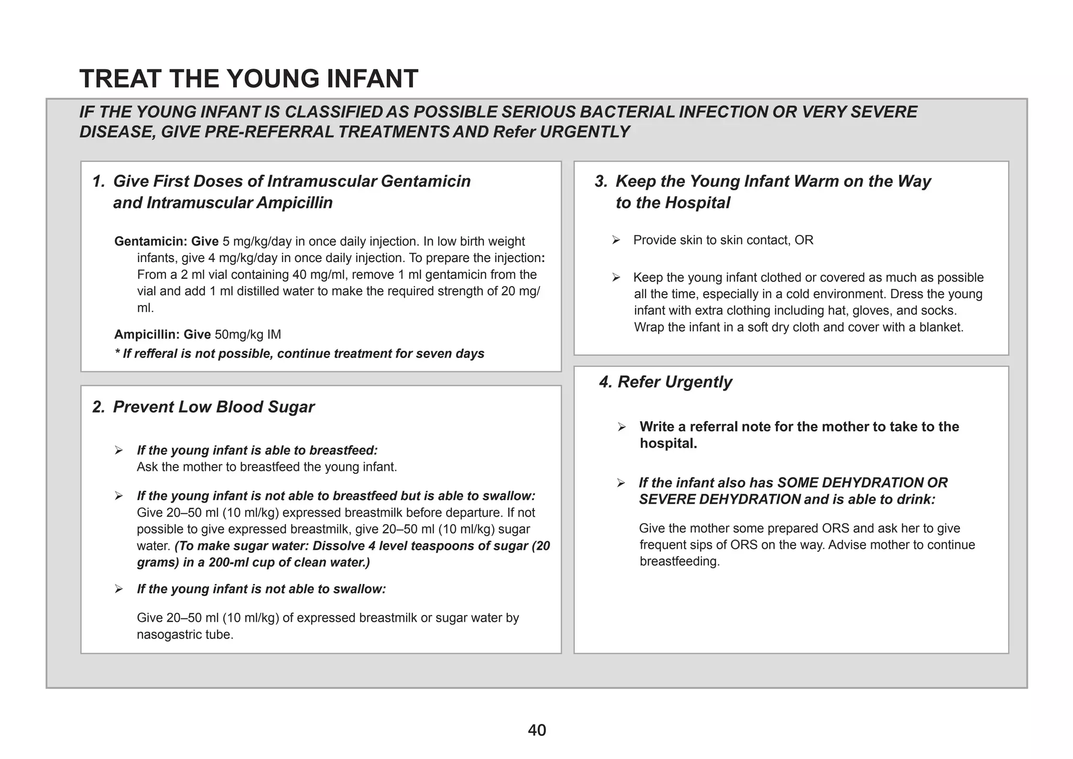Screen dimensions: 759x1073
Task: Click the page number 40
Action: tap(537, 730)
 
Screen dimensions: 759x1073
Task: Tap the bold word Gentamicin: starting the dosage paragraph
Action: tap(150, 242)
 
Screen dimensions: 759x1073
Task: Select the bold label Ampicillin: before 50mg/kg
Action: tap(147, 334)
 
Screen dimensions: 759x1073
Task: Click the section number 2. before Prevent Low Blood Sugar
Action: tap(99, 407)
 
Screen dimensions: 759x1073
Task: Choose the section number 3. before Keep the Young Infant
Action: tap(601, 181)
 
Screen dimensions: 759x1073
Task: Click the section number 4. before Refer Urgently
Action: tap(606, 382)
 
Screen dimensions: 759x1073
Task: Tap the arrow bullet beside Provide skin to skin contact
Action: tap(616, 240)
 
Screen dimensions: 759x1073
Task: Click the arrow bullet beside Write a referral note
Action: tap(622, 427)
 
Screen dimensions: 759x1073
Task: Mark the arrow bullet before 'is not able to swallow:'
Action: tap(119, 589)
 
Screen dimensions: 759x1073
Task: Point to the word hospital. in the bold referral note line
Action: tap(668, 443)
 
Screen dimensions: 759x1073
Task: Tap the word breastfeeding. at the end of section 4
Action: tap(680, 561)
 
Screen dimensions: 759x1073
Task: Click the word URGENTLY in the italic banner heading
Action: tap(585, 132)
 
